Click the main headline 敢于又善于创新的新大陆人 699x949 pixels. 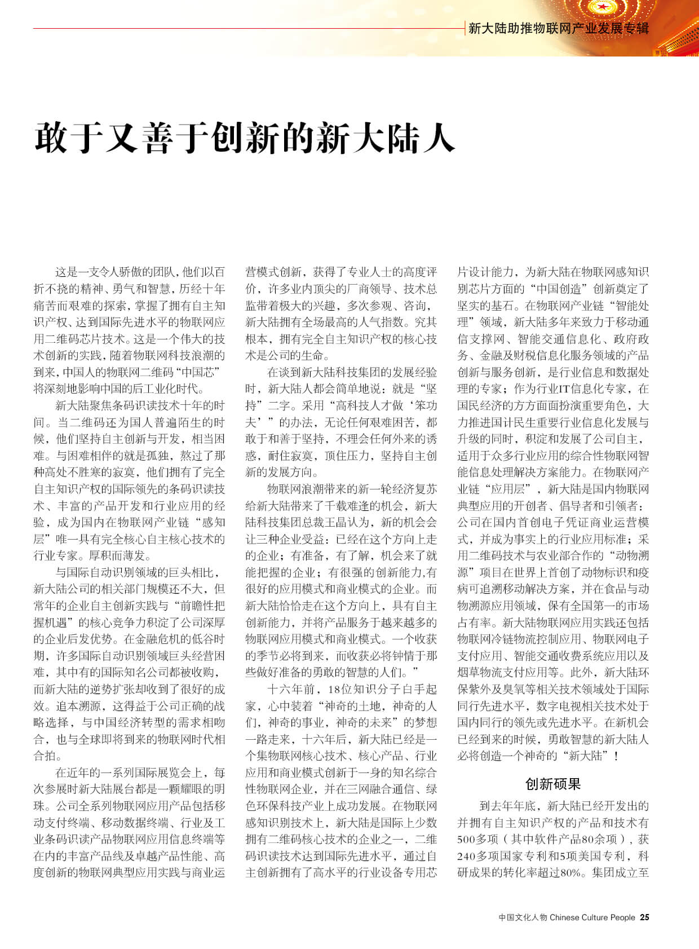pos(245,138)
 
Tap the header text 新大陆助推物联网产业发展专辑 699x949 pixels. pos(558,28)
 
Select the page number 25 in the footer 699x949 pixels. pos(644,917)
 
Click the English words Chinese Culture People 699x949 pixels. pos(592,917)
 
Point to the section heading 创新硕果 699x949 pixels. pos(552,784)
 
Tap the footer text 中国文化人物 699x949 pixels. pos(523,917)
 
